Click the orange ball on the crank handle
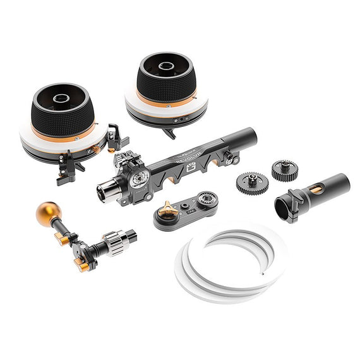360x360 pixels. pyautogui.click(x=47, y=213)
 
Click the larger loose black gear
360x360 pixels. pyautogui.click(x=252, y=184)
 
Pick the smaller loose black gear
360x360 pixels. pyautogui.click(x=285, y=170)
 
